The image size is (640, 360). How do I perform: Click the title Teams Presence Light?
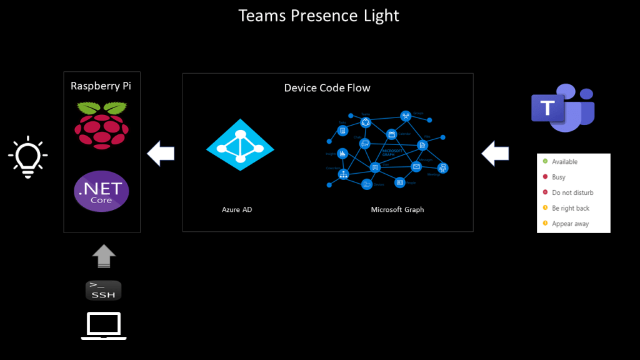click(319, 16)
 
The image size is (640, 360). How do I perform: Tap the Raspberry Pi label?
click(102, 86)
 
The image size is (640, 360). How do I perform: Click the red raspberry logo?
click(101, 126)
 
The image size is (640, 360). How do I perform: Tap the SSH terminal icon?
click(103, 290)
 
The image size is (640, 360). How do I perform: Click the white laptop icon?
click(104, 326)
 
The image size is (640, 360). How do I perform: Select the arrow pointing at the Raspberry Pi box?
click(161, 153)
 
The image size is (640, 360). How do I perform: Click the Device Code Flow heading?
click(327, 88)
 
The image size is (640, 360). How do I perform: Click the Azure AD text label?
click(237, 210)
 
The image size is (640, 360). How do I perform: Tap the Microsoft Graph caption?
click(397, 210)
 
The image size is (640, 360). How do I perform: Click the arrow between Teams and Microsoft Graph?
click(496, 153)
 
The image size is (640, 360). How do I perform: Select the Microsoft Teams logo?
click(562, 107)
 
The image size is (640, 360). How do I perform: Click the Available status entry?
click(564, 162)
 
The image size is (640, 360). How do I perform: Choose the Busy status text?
click(558, 177)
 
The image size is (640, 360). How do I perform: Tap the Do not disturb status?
click(572, 193)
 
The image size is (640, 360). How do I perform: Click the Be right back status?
click(570, 208)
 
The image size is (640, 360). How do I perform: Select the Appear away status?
click(570, 224)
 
